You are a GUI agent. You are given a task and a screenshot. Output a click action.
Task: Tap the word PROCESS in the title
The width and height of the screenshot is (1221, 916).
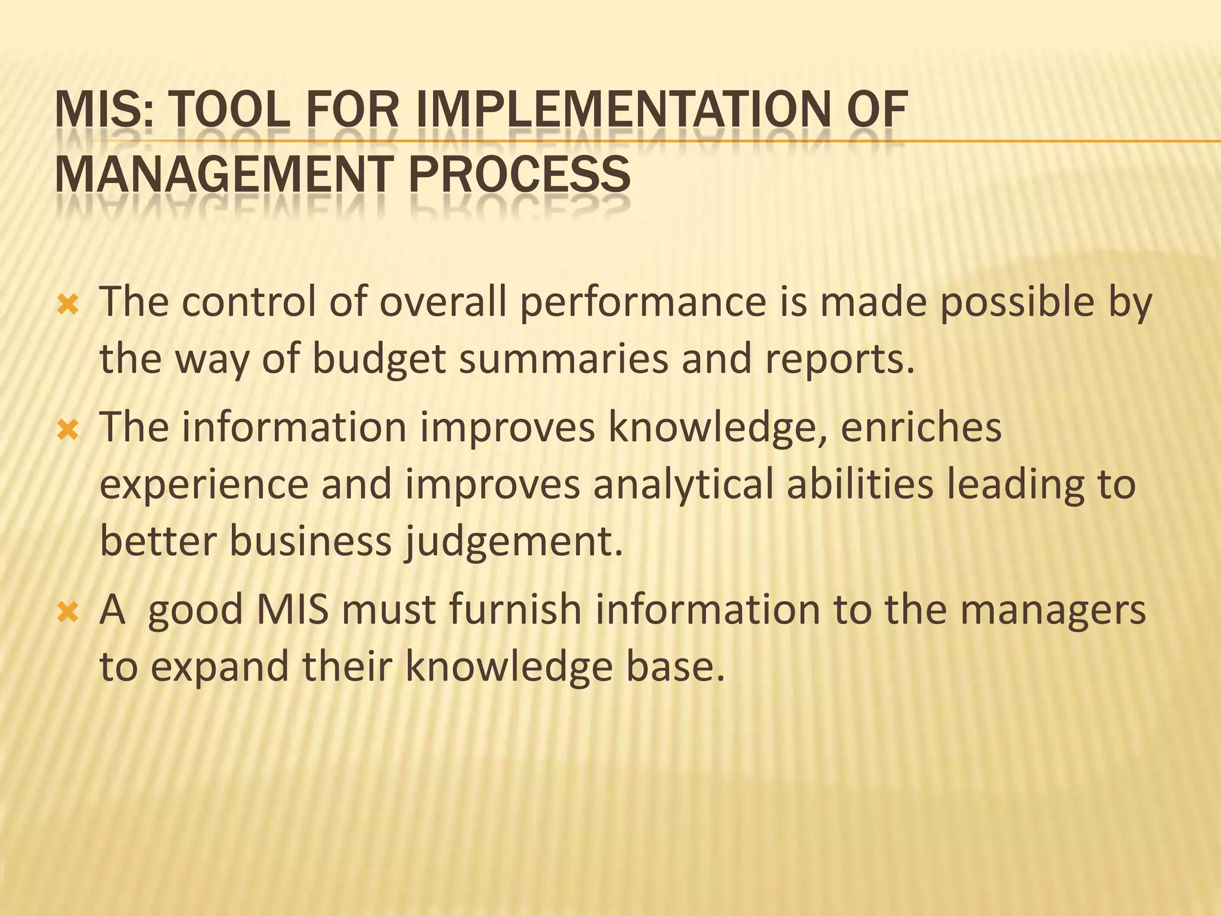pos(519,174)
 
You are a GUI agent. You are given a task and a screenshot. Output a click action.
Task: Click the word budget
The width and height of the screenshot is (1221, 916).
pos(379,359)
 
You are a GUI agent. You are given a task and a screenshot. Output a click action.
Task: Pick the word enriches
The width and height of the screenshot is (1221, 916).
pos(921,428)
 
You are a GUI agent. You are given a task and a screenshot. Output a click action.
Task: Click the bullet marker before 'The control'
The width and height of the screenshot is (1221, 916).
pos(67,306)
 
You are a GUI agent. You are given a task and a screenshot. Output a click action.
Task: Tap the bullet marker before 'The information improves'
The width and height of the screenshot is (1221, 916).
pos(67,430)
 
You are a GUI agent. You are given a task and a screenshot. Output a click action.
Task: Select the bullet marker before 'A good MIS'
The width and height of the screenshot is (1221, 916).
pos(67,612)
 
